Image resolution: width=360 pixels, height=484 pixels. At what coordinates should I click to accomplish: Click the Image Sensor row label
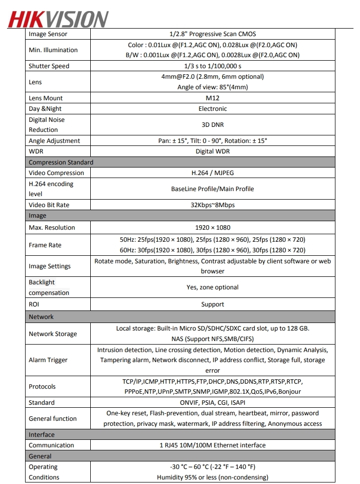(x=48, y=34)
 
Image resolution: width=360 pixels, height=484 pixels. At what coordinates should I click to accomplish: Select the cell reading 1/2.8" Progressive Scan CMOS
(x=213, y=34)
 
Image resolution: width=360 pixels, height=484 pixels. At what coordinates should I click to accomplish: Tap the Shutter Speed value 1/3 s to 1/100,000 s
(x=213, y=66)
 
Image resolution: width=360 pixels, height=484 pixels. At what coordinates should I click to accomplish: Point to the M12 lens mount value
(x=213, y=98)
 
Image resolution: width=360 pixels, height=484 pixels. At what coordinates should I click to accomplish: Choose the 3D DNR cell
(x=213, y=125)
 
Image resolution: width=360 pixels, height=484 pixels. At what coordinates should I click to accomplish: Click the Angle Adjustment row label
(x=54, y=141)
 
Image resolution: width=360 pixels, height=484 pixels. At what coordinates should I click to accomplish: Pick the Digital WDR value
(x=213, y=151)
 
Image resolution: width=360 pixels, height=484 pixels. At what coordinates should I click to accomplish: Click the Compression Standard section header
(x=61, y=163)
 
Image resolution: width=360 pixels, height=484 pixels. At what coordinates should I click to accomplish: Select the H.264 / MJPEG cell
(x=213, y=173)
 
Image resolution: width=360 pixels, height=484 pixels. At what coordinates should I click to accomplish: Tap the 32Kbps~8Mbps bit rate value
(x=213, y=205)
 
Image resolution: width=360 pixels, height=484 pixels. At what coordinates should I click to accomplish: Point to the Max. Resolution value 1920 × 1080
(x=213, y=228)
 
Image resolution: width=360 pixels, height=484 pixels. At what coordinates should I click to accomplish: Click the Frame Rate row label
(x=45, y=245)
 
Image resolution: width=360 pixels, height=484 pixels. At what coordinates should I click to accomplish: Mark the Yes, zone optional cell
(x=213, y=287)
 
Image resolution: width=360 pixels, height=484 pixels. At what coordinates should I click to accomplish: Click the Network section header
(x=41, y=317)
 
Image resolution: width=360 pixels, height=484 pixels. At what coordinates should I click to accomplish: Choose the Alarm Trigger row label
(x=48, y=360)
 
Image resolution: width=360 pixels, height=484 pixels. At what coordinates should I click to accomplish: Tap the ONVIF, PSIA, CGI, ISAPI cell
(x=213, y=403)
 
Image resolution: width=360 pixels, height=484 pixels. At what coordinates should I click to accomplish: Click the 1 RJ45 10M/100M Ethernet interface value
(x=213, y=445)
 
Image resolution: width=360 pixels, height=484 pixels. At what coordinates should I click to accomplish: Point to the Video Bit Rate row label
(x=49, y=205)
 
